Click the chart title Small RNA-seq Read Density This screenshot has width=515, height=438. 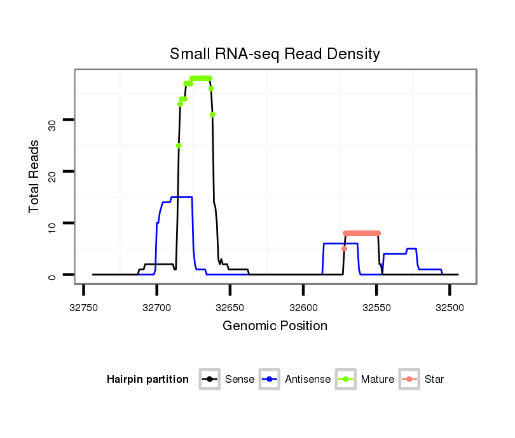(x=275, y=54)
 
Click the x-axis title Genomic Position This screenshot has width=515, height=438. (x=275, y=326)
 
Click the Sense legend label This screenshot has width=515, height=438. (x=240, y=380)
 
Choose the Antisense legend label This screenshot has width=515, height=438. (x=308, y=380)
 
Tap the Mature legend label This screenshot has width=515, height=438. (x=378, y=380)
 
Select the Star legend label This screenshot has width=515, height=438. (x=434, y=380)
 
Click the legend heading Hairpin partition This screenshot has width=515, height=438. (x=148, y=380)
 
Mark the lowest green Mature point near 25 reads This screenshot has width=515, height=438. (x=179, y=145)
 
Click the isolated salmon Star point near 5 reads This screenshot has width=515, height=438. (x=344, y=249)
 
